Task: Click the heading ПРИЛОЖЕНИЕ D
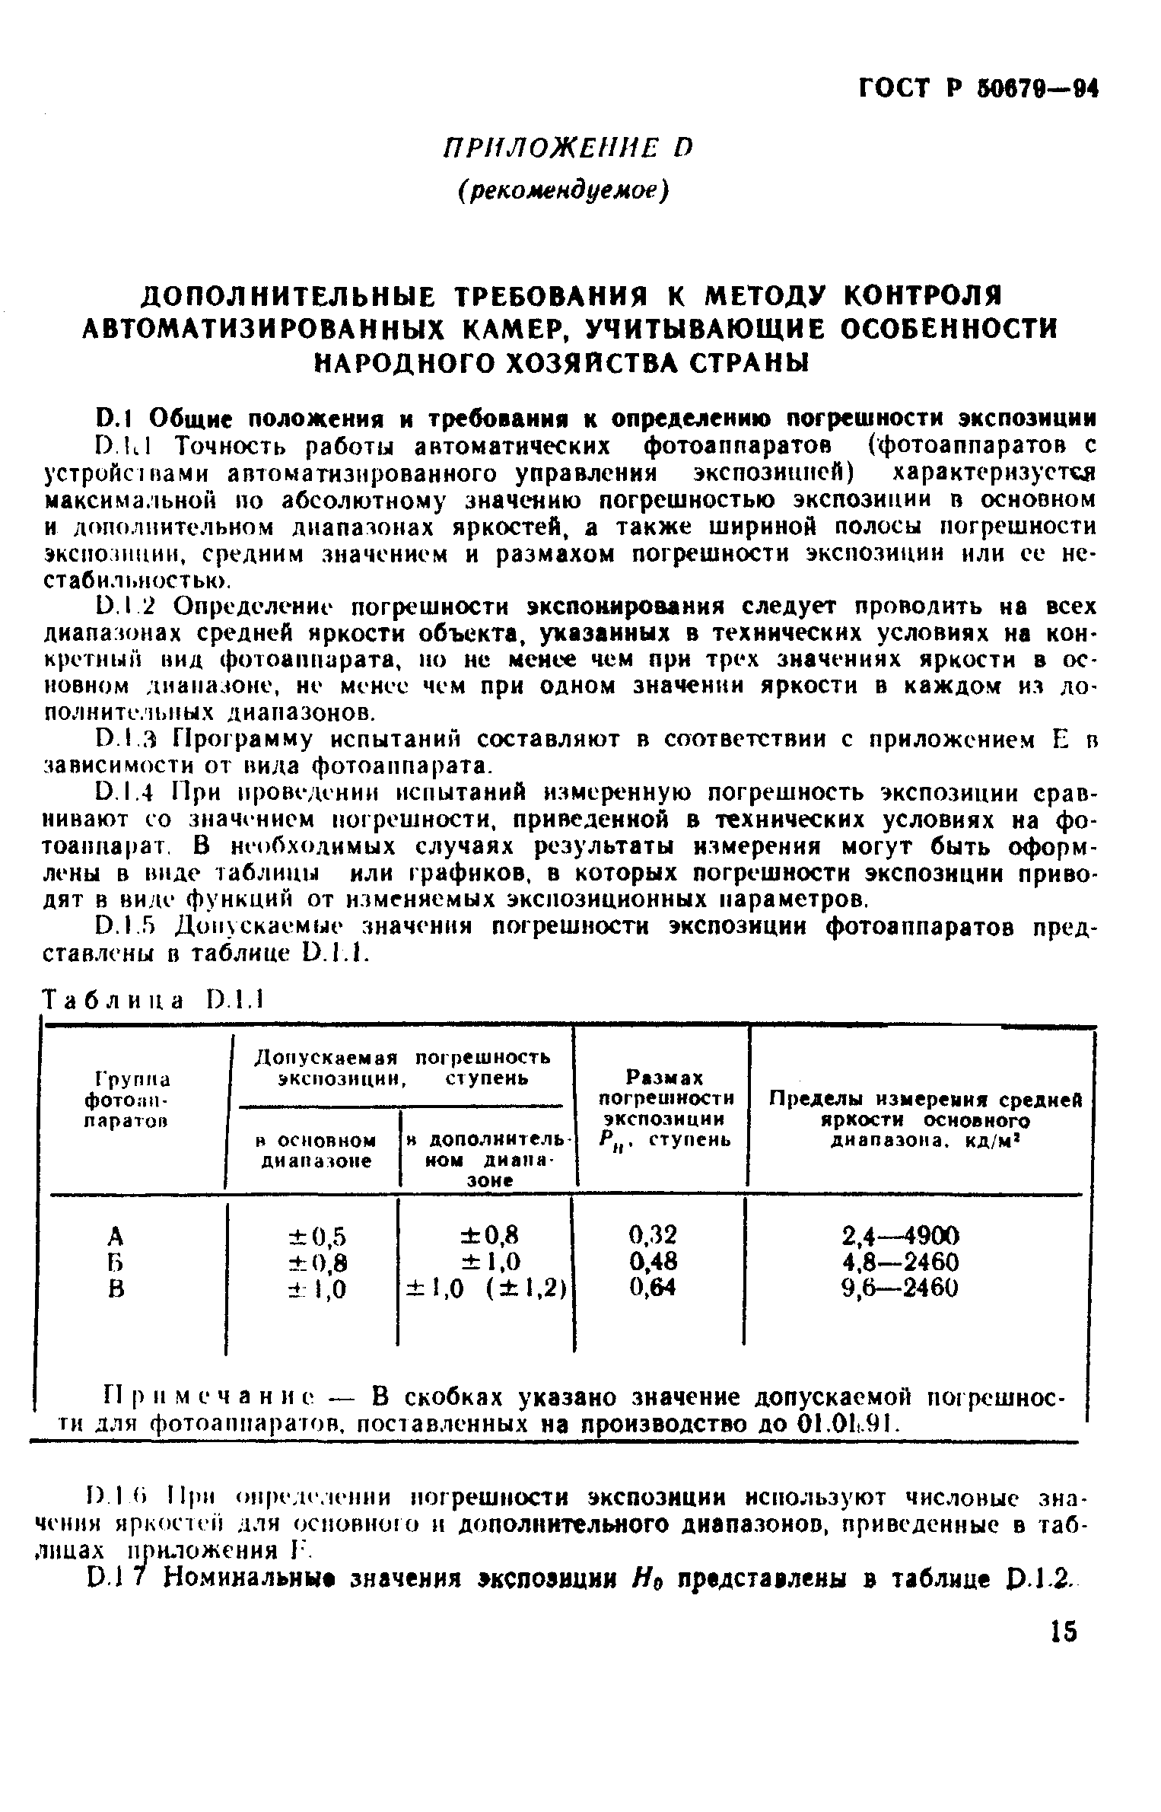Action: [567, 146]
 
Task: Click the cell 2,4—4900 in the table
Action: [901, 1234]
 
